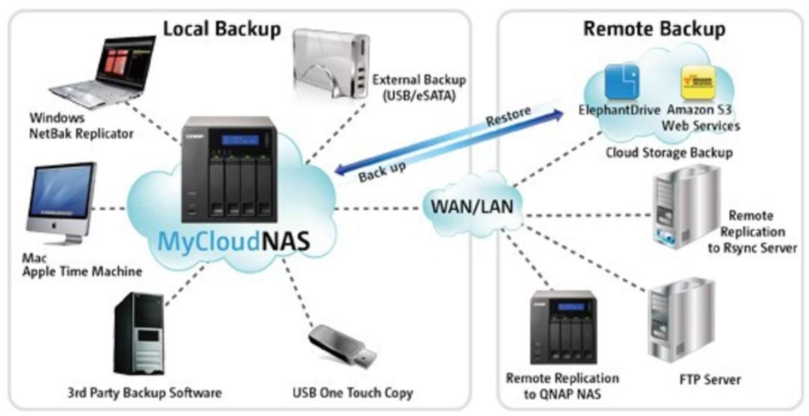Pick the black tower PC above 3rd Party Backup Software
point(139,335)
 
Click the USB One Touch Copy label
point(352,393)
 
